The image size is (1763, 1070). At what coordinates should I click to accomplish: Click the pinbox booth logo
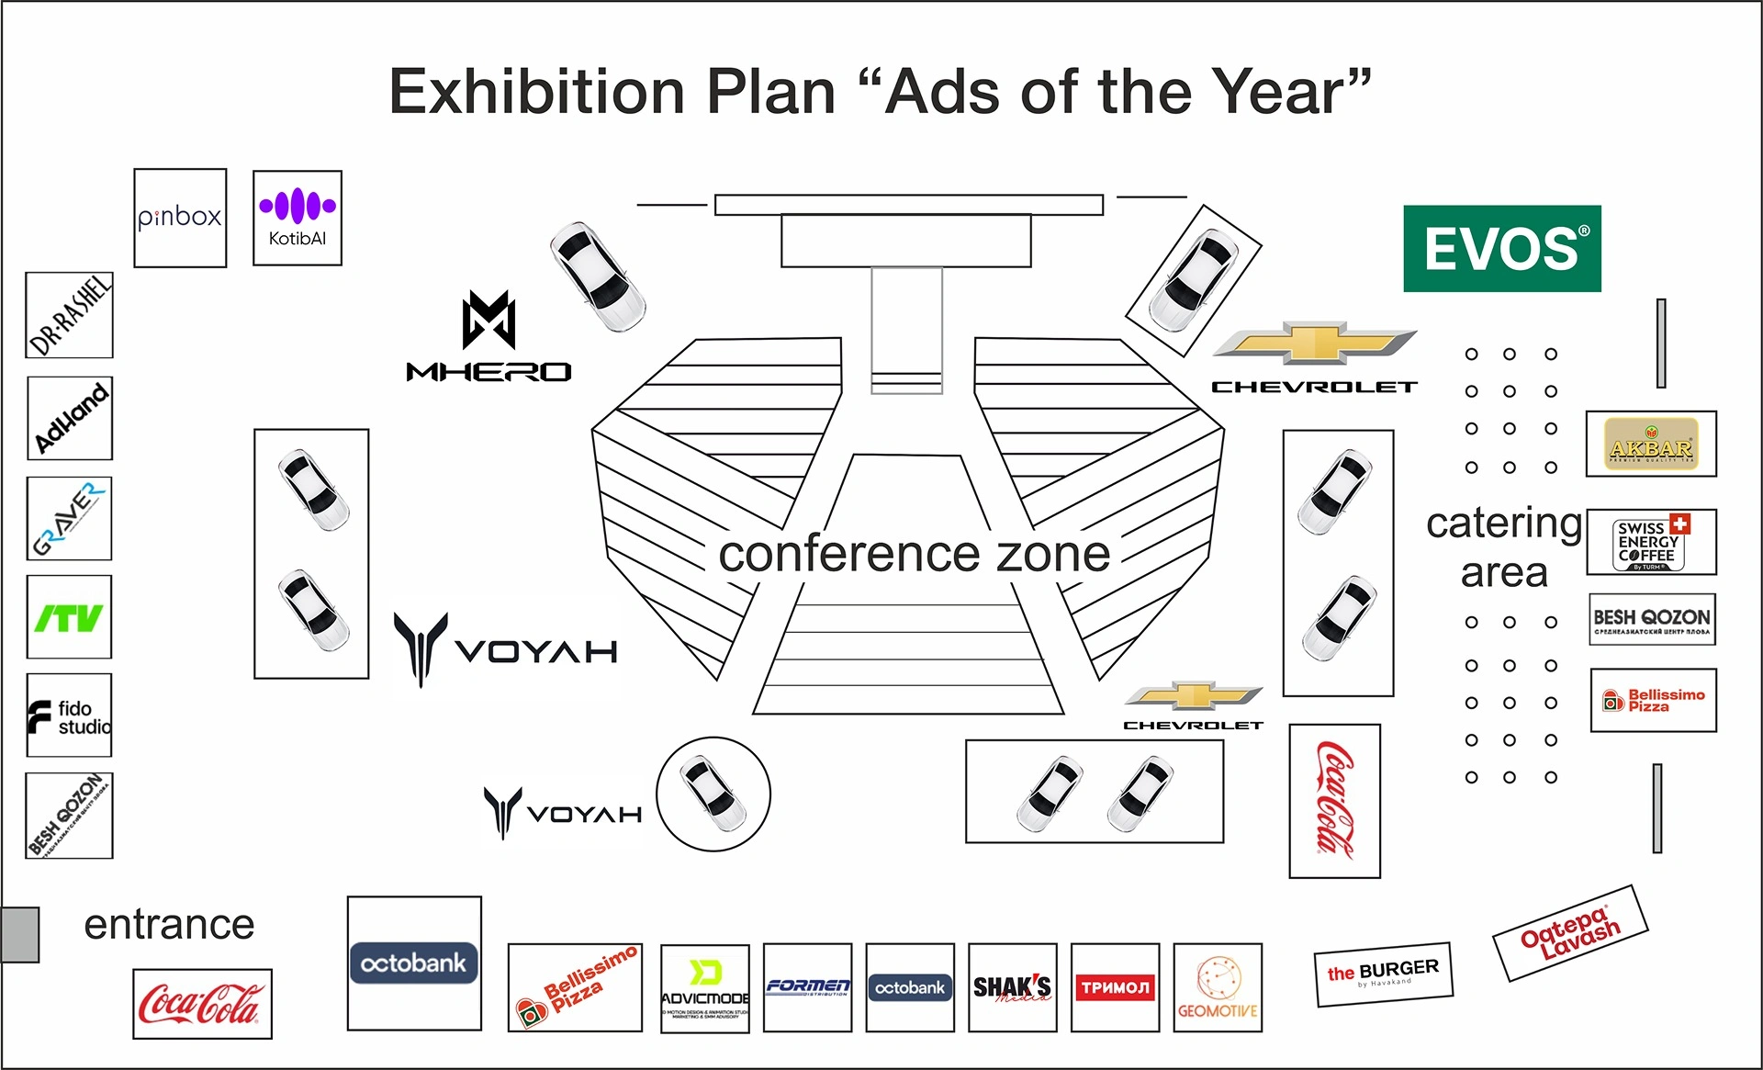coord(180,218)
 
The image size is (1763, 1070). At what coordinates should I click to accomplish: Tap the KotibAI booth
coord(298,218)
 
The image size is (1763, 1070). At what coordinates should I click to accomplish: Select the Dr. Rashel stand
coord(70,315)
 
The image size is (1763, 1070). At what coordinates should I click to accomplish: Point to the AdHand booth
coord(70,418)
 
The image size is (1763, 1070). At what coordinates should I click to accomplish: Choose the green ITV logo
coord(69,617)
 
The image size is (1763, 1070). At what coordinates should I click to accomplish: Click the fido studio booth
coord(69,715)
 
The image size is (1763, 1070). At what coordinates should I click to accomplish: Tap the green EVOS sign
coord(1502,249)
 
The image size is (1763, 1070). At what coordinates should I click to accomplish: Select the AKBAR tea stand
coord(1651,444)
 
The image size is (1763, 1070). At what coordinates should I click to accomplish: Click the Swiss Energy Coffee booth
coord(1651,543)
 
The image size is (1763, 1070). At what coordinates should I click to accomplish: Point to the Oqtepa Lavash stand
coord(1570,933)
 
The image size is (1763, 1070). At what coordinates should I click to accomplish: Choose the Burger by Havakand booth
coord(1384,974)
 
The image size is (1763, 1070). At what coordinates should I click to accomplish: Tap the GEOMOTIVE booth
coord(1218,987)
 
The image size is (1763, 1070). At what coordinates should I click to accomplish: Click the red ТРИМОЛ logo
coord(1115,987)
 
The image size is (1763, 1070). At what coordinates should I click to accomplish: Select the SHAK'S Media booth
coord(1012,987)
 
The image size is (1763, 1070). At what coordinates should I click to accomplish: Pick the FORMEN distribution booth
coord(807,987)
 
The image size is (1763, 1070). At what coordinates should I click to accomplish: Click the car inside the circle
coord(713,794)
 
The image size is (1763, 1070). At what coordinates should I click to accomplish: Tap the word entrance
coord(169,924)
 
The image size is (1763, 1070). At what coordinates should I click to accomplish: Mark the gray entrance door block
coord(20,934)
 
